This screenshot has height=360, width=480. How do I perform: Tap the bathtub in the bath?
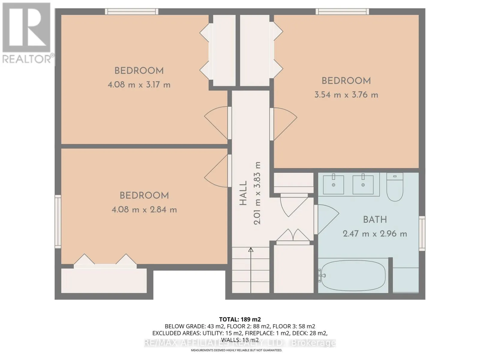[x=353, y=275]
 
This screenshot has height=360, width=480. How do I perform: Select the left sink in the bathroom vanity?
[x=333, y=185]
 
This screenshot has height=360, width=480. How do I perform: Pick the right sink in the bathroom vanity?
[x=363, y=185]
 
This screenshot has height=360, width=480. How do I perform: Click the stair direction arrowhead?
[x=251, y=250]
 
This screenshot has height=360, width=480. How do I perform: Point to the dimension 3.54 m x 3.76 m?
[x=346, y=95]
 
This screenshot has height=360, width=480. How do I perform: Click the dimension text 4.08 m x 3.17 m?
[x=139, y=85]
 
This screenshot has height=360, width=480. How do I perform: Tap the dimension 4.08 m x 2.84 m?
[x=144, y=210]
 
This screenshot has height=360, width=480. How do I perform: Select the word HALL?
[x=243, y=193]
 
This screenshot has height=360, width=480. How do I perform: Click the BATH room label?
[x=375, y=220]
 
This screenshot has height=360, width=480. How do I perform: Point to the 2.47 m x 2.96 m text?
[x=375, y=234]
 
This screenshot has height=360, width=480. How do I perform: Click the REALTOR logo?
[x=27, y=33]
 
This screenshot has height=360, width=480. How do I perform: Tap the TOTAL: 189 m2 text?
[x=240, y=319]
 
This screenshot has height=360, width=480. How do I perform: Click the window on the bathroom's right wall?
[x=422, y=233]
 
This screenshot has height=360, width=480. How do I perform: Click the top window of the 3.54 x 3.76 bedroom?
[x=342, y=11]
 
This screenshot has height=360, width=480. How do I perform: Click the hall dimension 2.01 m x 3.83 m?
[x=257, y=193]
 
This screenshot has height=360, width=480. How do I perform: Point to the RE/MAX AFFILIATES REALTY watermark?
[x=240, y=343]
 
